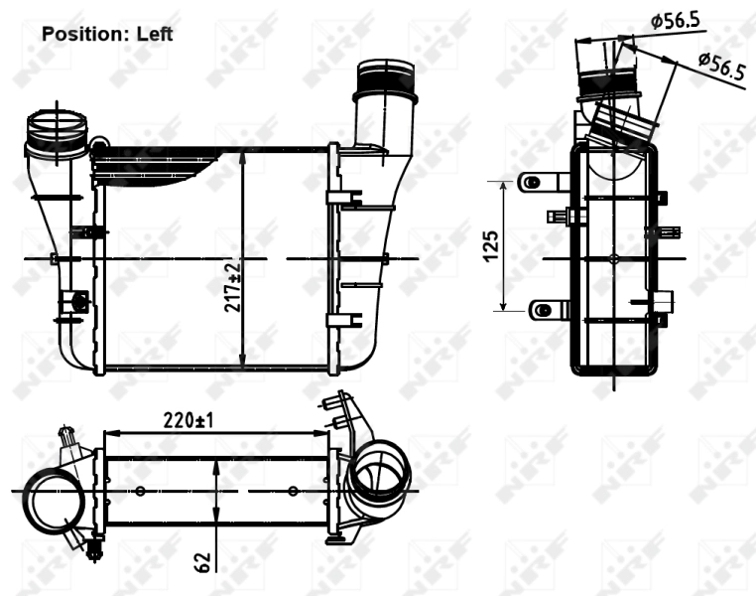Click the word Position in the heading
pos(78,34)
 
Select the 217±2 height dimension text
pos(232,287)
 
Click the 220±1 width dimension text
pos(189,420)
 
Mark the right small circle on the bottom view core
pos(292,491)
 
